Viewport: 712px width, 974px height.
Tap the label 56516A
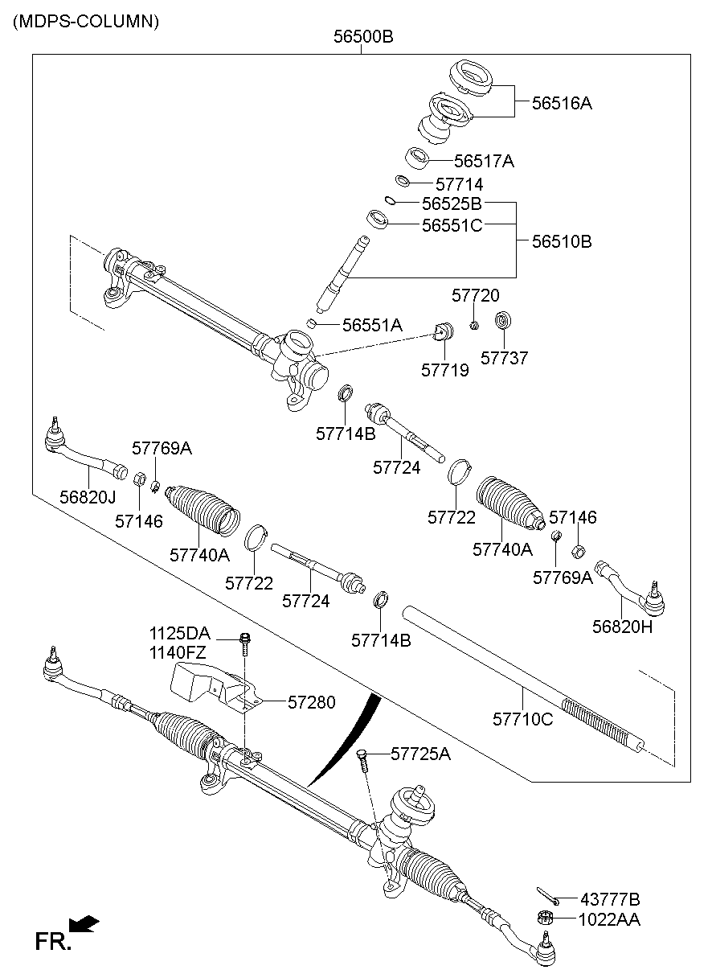click(x=562, y=103)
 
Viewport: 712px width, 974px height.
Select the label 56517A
click(x=484, y=161)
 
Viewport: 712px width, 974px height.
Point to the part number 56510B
click(x=561, y=240)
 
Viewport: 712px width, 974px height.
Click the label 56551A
click(x=372, y=325)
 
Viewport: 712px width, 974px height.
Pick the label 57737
click(x=505, y=358)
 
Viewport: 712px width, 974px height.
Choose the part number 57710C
click(x=523, y=719)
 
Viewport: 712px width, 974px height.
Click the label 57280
click(x=311, y=702)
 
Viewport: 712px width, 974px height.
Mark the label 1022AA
click(x=608, y=919)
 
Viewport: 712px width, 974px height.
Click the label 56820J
click(x=88, y=497)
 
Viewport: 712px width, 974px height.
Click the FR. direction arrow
click(x=84, y=923)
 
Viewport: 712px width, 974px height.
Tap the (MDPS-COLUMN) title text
click(x=85, y=22)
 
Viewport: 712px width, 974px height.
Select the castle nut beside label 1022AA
click(x=543, y=917)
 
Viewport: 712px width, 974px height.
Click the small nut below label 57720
click(x=474, y=325)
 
